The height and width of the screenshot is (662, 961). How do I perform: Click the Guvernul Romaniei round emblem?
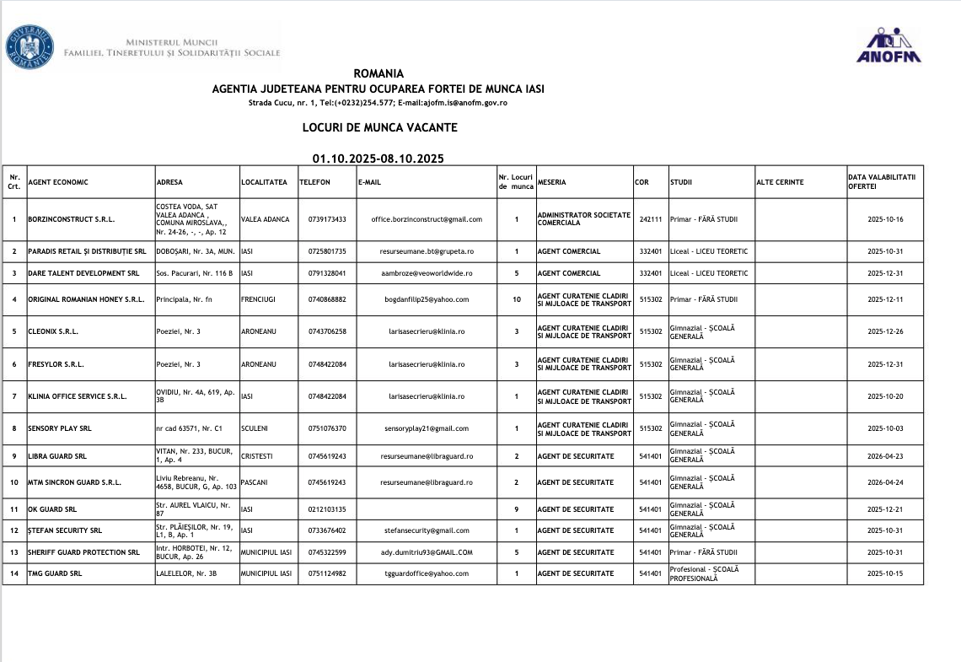[x=30, y=46]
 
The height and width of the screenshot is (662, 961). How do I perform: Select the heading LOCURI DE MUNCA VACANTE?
[x=379, y=128]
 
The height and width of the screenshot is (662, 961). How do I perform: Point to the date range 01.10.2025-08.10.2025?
[x=378, y=159]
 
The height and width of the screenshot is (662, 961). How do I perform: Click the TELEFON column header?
[x=314, y=182]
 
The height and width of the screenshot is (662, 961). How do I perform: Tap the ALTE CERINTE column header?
[x=781, y=182]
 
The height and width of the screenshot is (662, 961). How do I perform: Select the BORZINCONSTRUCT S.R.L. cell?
[x=72, y=219]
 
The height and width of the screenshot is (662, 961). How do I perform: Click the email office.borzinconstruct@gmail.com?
[x=427, y=219]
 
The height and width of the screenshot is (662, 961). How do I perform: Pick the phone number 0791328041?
[x=327, y=273]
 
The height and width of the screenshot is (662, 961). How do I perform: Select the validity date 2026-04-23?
[x=885, y=456]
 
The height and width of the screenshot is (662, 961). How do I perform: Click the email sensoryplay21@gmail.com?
[x=427, y=428]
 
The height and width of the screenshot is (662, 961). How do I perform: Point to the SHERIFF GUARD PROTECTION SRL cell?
[x=83, y=552]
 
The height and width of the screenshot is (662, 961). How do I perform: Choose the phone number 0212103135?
[x=327, y=509]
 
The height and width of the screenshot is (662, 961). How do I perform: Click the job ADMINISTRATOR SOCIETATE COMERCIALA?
[x=584, y=219]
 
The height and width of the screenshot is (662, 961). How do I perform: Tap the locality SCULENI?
[x=255, y=428]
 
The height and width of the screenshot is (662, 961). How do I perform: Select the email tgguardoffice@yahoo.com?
[x=427, y=573]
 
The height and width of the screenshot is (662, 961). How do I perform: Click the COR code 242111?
[x=650, y=219]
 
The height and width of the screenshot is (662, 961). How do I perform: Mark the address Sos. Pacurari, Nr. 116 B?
[x=195, y=273]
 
